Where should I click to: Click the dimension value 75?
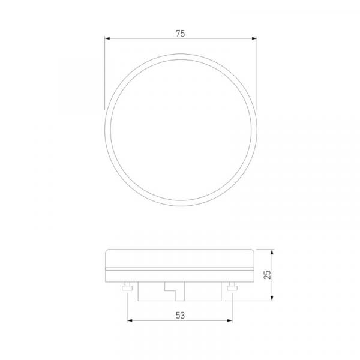tap(180, 34)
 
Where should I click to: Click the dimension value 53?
tap(180, 315)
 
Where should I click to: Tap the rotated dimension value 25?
tap(267, 275)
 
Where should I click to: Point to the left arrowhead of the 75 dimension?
tap(107, 38)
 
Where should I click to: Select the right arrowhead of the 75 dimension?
tap(254, 38)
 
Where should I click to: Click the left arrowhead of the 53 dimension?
tap(130, 320)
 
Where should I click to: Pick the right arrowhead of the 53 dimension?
tap(230, 320)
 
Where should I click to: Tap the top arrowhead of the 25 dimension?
tap(272, 252)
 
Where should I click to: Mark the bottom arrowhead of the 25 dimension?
tap(272, 298)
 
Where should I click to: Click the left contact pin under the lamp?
tap(127, 286)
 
